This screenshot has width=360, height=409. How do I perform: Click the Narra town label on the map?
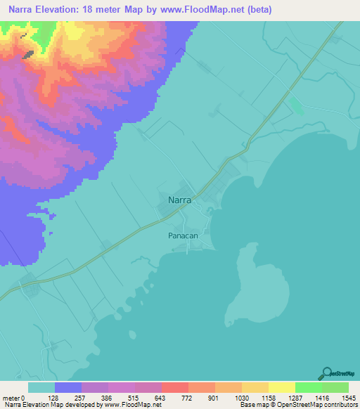coord(181,200)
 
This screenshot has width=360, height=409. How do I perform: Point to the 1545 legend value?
coord(349,398)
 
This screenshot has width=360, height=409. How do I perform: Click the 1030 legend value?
coord(242,398)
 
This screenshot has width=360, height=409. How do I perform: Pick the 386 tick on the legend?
coord(108,398)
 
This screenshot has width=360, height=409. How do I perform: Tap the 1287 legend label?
coord(295,398)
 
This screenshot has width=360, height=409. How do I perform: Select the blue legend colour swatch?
coord(68,387)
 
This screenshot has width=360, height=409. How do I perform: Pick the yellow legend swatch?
coord(281,387)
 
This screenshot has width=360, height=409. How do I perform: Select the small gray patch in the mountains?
coord(28,53)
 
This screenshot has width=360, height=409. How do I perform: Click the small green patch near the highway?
coord(297,106)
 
